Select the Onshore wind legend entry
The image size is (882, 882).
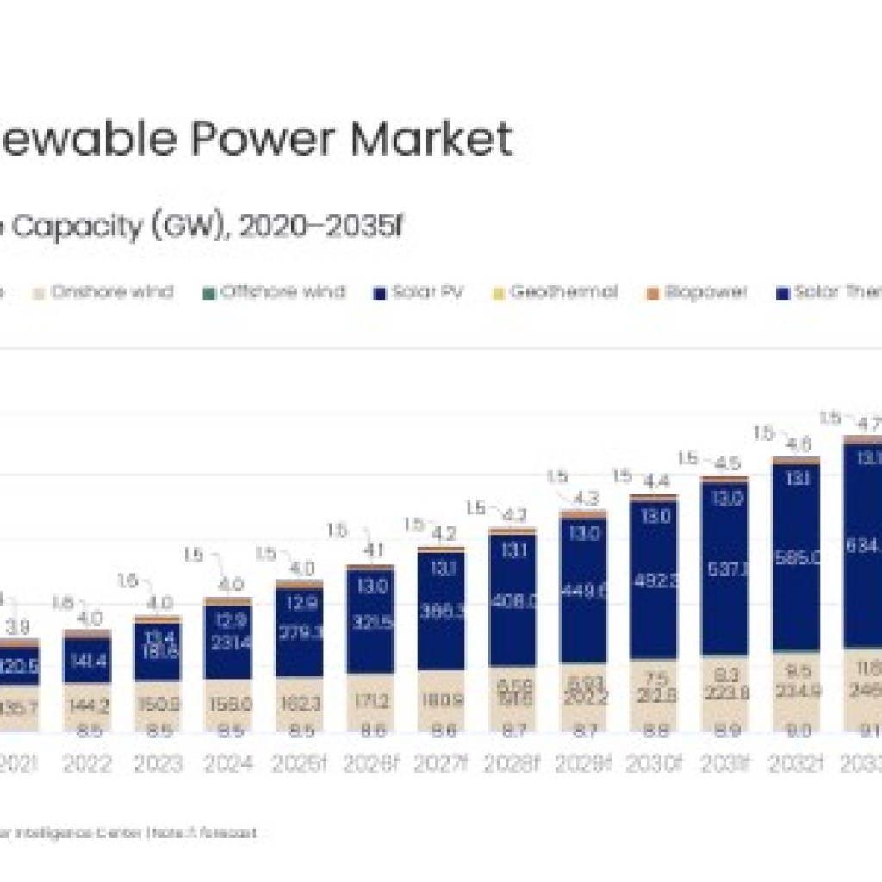click(103, 292)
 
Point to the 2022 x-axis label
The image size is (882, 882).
click(87, 764)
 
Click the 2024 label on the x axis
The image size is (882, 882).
click(228, 764)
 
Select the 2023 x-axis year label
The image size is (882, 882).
click(158, 764)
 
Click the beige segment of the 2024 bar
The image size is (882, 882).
click(228, 705)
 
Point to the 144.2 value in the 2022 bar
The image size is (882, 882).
click(87, 705)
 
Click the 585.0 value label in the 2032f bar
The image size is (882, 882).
click(796, 558)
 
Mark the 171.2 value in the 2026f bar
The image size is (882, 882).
click(370, 702)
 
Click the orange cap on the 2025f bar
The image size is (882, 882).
click(299, 585)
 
